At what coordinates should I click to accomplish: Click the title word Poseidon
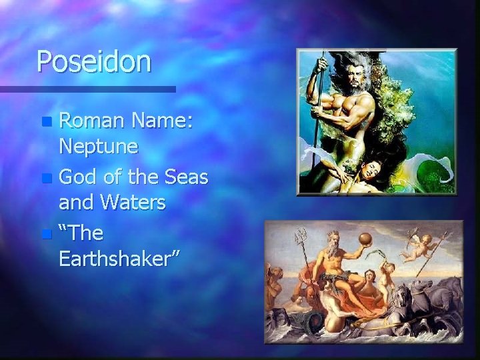click(94, 62)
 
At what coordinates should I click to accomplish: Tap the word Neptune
click(99, 145)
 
